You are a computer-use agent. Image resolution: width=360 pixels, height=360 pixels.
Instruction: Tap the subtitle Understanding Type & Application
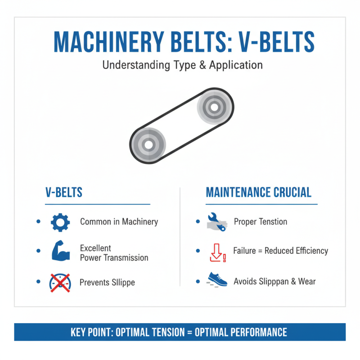coord(182,65)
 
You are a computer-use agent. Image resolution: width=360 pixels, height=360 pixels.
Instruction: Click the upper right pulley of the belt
coord(214,108)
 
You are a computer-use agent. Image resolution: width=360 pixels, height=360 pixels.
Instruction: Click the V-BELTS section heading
coord(64,193)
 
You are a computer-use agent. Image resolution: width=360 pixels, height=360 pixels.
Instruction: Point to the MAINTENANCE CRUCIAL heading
coord(258,193)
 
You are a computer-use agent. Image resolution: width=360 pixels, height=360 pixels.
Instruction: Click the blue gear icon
coord(59,222)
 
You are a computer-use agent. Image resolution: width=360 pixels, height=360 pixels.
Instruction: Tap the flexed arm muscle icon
coord(59,252)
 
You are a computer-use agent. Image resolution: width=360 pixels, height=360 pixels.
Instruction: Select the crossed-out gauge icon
coord(59,283)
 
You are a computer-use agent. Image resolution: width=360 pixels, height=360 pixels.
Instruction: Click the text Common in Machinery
coord(119,221)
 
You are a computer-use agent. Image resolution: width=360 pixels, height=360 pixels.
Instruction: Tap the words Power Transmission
coord(114,258)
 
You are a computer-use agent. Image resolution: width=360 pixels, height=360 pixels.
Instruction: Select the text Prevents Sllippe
coord(107,283)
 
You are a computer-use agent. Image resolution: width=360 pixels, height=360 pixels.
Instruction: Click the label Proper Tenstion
coord(260,221)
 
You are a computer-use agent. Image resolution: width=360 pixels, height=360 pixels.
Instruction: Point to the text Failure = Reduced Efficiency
coord(280,251)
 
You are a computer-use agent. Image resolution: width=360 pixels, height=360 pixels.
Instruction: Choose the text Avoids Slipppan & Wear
coord(274,282)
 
